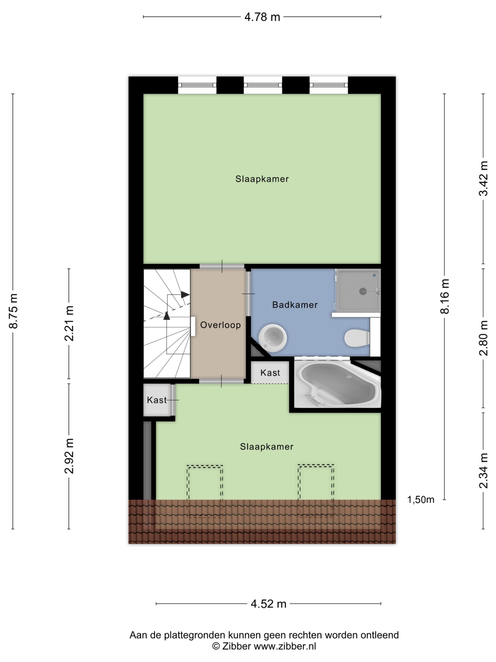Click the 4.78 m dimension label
tap(262, 17)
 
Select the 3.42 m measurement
tap(483, 178)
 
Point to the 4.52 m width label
tap(268, 604)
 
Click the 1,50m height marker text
tap(421, 500)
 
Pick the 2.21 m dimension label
tap(69, 324)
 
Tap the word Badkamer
tap(295, 305)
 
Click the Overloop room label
tap(220, 325)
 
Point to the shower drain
tap(363, 291)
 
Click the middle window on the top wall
tap(263, 85)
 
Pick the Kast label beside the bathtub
tap(270, 373)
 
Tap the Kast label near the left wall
tap(157, 400)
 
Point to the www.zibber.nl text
tap(285, 646)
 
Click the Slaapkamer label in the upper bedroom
tap(262, 179)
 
